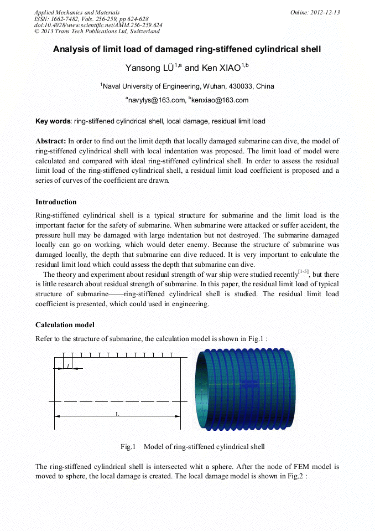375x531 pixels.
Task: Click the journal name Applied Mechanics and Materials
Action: coord(77,12)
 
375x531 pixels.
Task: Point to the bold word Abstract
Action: coord(51,141)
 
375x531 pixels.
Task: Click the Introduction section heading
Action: coord(56,202)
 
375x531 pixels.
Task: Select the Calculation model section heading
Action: coord(65,324)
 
